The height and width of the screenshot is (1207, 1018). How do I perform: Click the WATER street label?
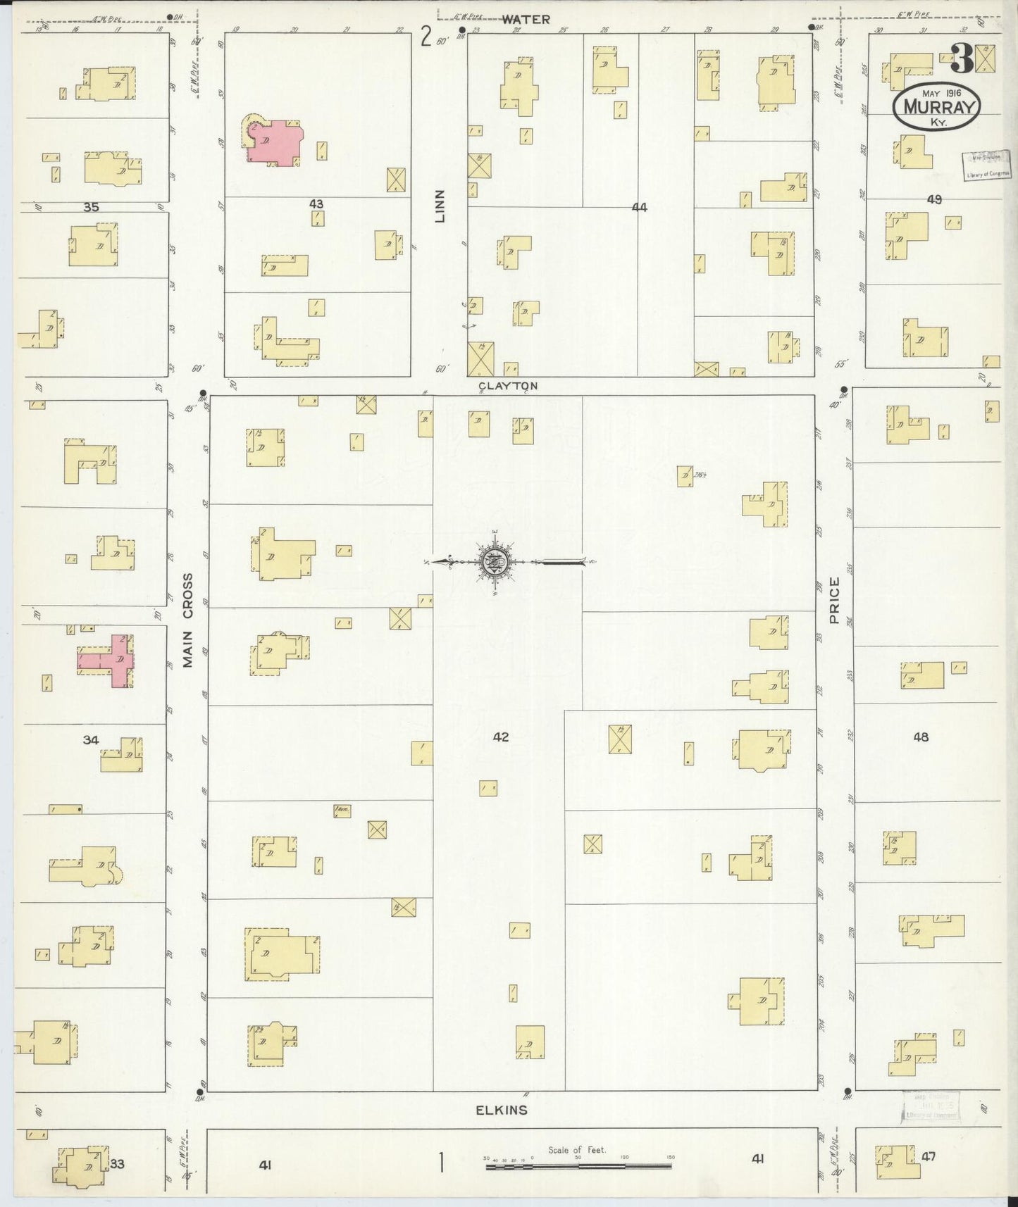point(526,20)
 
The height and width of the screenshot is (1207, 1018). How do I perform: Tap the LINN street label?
point(441,206)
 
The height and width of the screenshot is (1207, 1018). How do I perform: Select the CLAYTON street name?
point(508,386)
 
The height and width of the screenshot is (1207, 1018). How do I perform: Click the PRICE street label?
point(835,600)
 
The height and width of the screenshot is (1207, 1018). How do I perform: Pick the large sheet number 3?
point(960,59)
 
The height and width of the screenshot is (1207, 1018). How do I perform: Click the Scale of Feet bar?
point(578,1166)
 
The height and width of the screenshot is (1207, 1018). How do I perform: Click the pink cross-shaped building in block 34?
point(113,661)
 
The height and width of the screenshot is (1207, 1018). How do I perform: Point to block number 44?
point(639,207)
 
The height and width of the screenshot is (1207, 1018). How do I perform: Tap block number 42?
point(501,737)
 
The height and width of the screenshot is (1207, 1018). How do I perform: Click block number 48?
point(920,737)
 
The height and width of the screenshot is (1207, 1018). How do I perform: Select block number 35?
point(91,207)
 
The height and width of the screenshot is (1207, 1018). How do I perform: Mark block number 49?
point(934,200)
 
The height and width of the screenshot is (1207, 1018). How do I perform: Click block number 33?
point(117,1164)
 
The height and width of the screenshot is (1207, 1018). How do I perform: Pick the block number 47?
point(929,1156)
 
